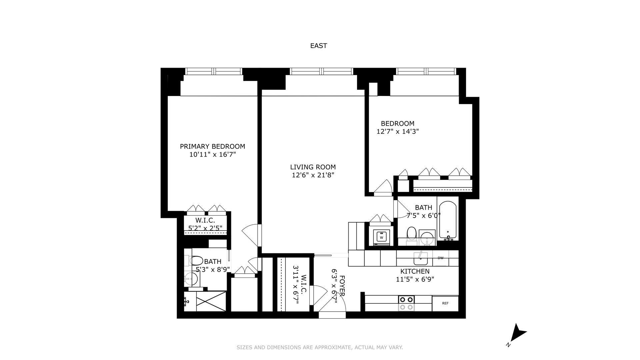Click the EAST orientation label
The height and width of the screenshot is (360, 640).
(x=318, y=46)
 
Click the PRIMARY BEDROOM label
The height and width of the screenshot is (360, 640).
(x=212, y=146)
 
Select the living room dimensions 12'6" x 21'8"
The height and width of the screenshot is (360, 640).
(x=313, y=175)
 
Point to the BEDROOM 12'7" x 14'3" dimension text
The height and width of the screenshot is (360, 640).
(x=397, y=131)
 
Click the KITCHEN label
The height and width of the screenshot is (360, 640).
(x=415, y=271)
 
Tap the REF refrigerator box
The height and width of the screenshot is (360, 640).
(x=445, y=303)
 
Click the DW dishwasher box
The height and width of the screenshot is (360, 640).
(x=440, y=258)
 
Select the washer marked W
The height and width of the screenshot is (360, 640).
(x=381, y=237)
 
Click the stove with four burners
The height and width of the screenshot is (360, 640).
(x=406, y=303)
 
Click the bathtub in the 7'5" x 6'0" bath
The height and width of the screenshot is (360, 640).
(x=447, y=220)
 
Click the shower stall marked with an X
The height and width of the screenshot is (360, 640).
(x=211, y=301)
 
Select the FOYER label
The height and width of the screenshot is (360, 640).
(x=341, y=286)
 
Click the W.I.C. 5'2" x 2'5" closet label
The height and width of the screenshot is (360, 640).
(x=205, y=220)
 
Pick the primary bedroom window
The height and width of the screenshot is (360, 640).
(x=213, y=71)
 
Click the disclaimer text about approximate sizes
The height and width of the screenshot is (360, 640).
(x=320, y=347)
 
